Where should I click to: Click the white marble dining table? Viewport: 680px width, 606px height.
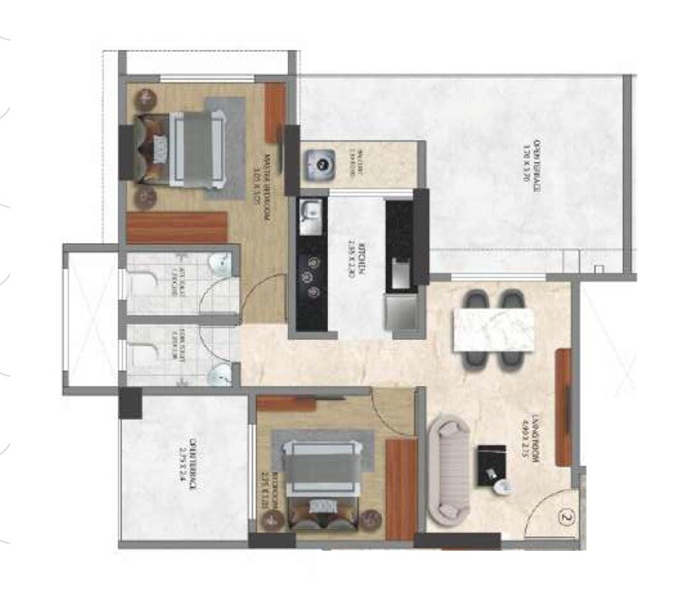492,329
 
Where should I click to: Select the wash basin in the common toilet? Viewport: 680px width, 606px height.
221,371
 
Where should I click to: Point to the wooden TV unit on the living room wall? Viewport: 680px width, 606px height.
562,407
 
